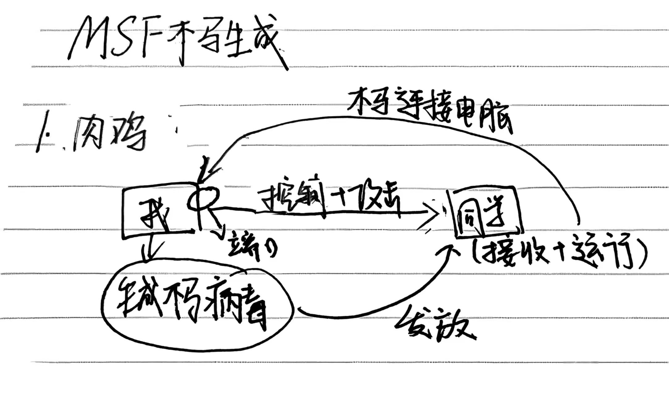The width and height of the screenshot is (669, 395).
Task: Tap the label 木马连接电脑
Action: (429, 108)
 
